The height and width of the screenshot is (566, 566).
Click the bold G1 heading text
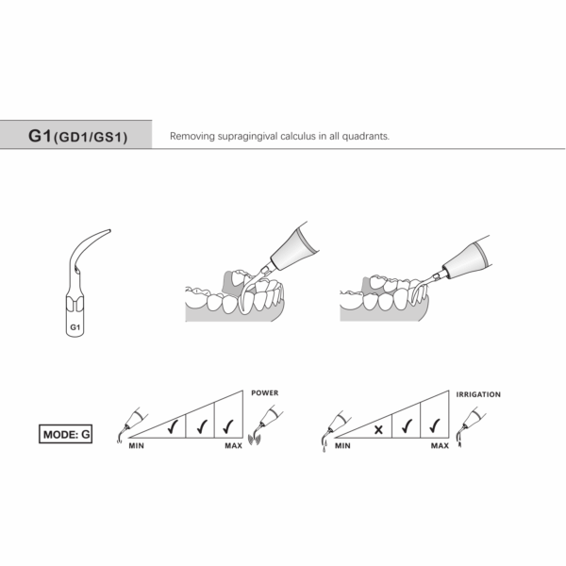point(39,136)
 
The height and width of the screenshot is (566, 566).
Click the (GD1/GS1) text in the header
point(90,138)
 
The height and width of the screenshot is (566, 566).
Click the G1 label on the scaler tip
point(75,327)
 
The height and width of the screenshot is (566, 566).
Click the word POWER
point(264,392)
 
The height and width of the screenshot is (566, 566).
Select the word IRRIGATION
point(477,393)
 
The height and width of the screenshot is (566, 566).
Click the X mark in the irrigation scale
point(378,428)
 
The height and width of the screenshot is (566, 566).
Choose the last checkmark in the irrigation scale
point(435,424)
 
